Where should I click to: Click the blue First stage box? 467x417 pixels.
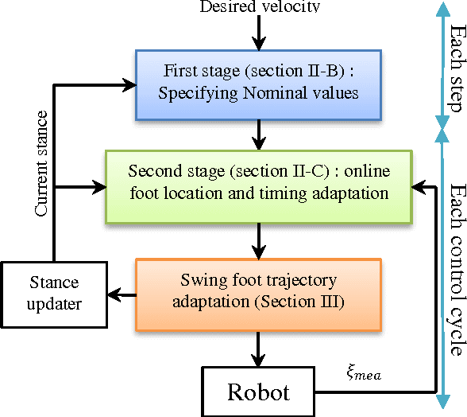(259, 81)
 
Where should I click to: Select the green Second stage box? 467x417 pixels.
(259, 183)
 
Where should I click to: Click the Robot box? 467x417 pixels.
(259, 392)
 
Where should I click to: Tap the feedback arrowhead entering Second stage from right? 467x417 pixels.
(417, 189)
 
